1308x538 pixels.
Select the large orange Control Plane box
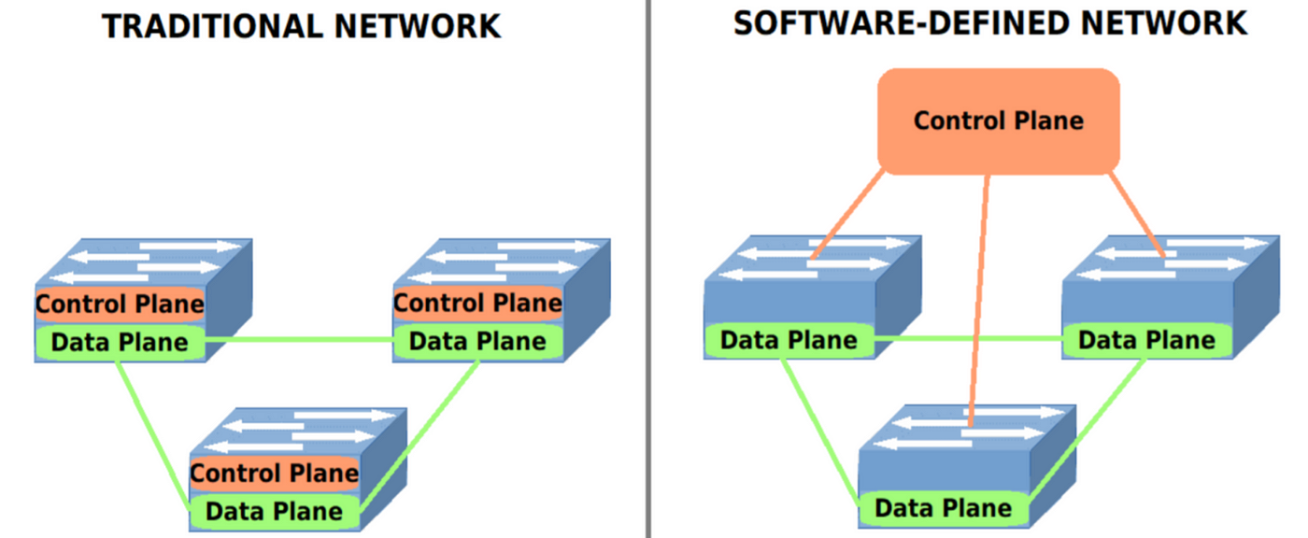tap(998, 121)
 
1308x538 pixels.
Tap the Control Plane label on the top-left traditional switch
tap(120, 304)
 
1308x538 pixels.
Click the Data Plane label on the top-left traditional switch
tap(120, 343)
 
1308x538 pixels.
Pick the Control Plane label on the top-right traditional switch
tap(477, 304)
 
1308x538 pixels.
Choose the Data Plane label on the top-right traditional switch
tap(477, 341)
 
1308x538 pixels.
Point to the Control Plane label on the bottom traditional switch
tap(275, 473)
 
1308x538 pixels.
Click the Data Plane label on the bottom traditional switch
tap(275, 511)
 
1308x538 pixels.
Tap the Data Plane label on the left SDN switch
tap(789, 340)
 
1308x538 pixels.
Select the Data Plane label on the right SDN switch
tap(1146, 340)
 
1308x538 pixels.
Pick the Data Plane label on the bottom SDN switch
tap(944, 508)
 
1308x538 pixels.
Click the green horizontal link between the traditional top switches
tap(299, 339)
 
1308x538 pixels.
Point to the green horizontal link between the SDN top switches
tap(969, 338)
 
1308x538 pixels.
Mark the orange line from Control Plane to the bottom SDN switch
tap(980, 299)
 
